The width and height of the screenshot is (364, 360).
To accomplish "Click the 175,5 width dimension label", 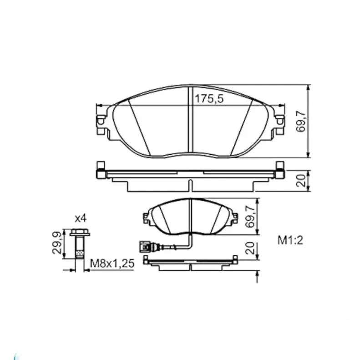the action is click(209, 99).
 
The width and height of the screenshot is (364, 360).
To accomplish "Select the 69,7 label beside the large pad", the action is click(301, 121).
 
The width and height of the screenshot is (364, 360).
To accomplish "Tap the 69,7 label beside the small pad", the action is click(251, 217).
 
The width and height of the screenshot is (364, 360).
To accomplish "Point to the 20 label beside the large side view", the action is click(301, 181).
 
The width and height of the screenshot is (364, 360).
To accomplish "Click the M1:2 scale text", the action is click(290, 240).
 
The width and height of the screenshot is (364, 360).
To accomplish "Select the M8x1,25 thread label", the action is click(112, 264).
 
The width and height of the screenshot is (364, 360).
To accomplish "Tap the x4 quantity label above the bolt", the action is click(81, 218).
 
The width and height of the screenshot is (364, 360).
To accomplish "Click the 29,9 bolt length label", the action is click(57, 243).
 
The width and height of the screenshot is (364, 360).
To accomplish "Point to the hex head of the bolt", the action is click(80, 232).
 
